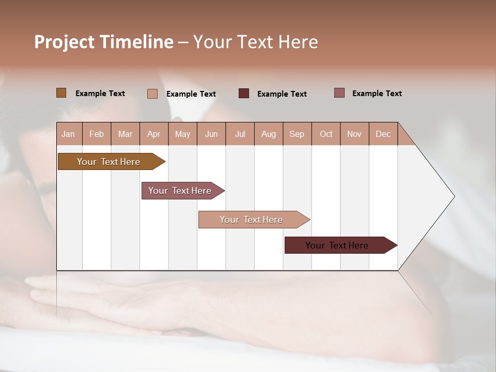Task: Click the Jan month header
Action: pos(68,134)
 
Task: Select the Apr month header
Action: pos(153,134)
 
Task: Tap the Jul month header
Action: pos(240,134)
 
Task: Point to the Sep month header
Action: pos(297,134)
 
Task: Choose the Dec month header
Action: pos(383,134)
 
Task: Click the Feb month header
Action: pos(97,134)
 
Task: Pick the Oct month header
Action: pos(326,134)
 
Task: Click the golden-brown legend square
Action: pos(61,93)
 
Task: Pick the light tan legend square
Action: pos(152,94)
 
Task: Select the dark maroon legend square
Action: pos(244,94)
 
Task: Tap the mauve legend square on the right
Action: pos(339,93)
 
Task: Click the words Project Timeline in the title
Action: pos(103,42)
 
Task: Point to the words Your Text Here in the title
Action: pos(255,42)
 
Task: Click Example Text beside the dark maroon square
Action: pos(282,94)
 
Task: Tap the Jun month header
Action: pos(211,134)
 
